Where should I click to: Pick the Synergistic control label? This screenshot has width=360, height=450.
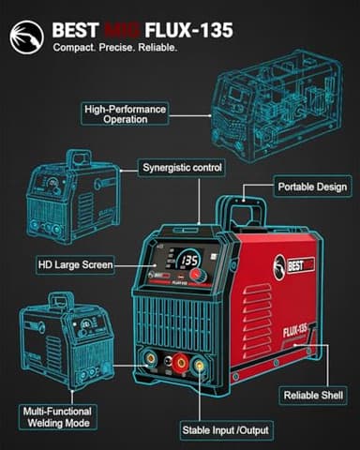click(x=182, y=168)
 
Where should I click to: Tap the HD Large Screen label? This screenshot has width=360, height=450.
click(x=75, y=265)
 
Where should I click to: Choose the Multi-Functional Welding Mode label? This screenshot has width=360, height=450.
click(x=63, y=416)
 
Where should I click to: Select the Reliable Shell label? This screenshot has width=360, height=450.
click(x=314, y=395)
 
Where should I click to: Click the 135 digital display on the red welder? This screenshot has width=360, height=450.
click(x=187, y=260)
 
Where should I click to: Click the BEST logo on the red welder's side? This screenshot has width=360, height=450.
click(x=296, y=263)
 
